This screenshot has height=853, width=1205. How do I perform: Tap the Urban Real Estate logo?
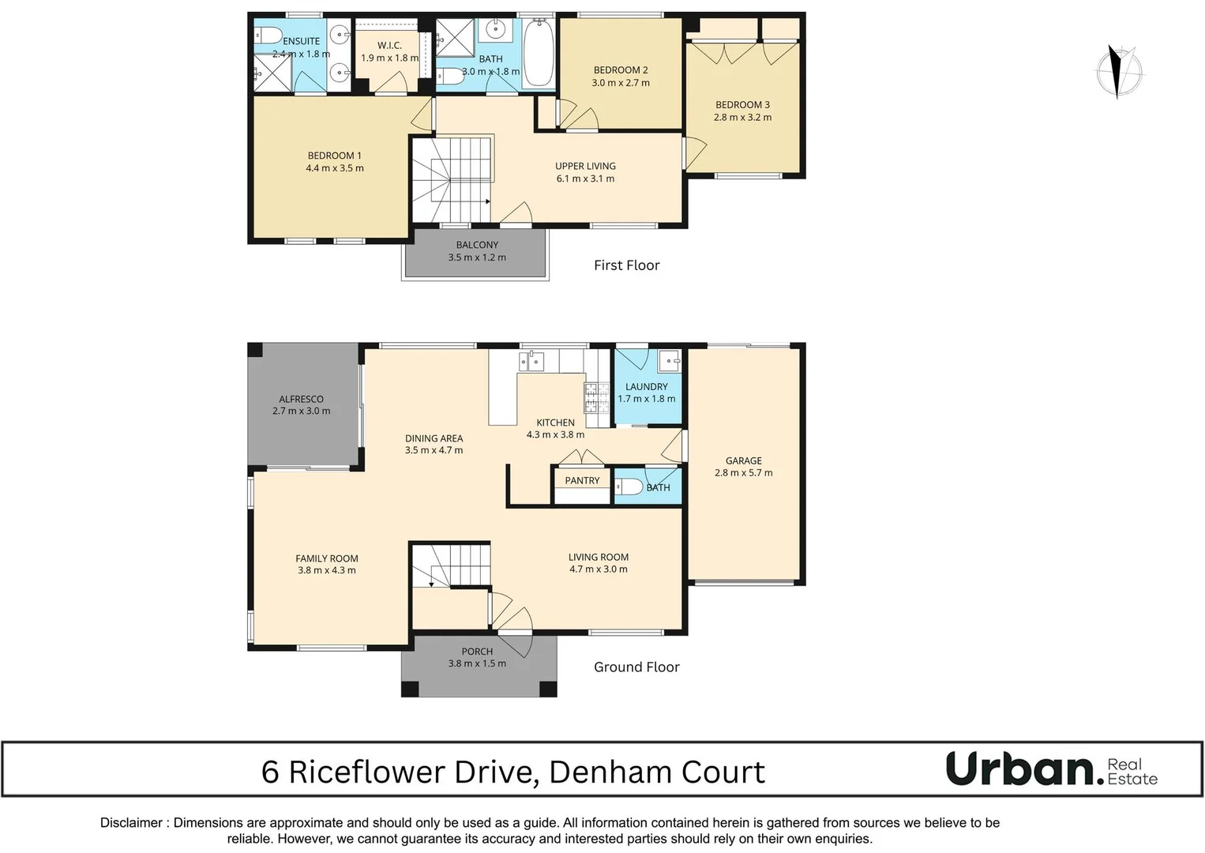pos(1051,769)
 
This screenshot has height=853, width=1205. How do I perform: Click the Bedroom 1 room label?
pos(335,156)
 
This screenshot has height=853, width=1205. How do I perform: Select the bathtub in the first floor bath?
pos(539,53)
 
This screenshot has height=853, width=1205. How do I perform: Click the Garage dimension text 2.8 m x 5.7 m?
pos(743,473)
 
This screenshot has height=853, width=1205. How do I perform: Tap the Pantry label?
pos(582,480)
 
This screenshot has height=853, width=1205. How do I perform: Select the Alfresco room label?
pos(301,399)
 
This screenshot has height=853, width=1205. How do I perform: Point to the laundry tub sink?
pos(670,361)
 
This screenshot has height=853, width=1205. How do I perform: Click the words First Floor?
pos(626,265)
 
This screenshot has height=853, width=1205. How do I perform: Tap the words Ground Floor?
pos(636,667)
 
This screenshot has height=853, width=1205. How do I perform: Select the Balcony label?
pos(477,245)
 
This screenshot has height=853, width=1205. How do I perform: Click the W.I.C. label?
pos(389,46)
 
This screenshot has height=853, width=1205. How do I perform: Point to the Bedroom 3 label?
pos(742,104)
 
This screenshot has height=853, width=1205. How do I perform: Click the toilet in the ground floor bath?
pos(628,487)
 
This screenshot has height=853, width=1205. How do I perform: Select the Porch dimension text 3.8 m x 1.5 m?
pos(477,663)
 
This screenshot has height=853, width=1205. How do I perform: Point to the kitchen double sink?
pos(531,362)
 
